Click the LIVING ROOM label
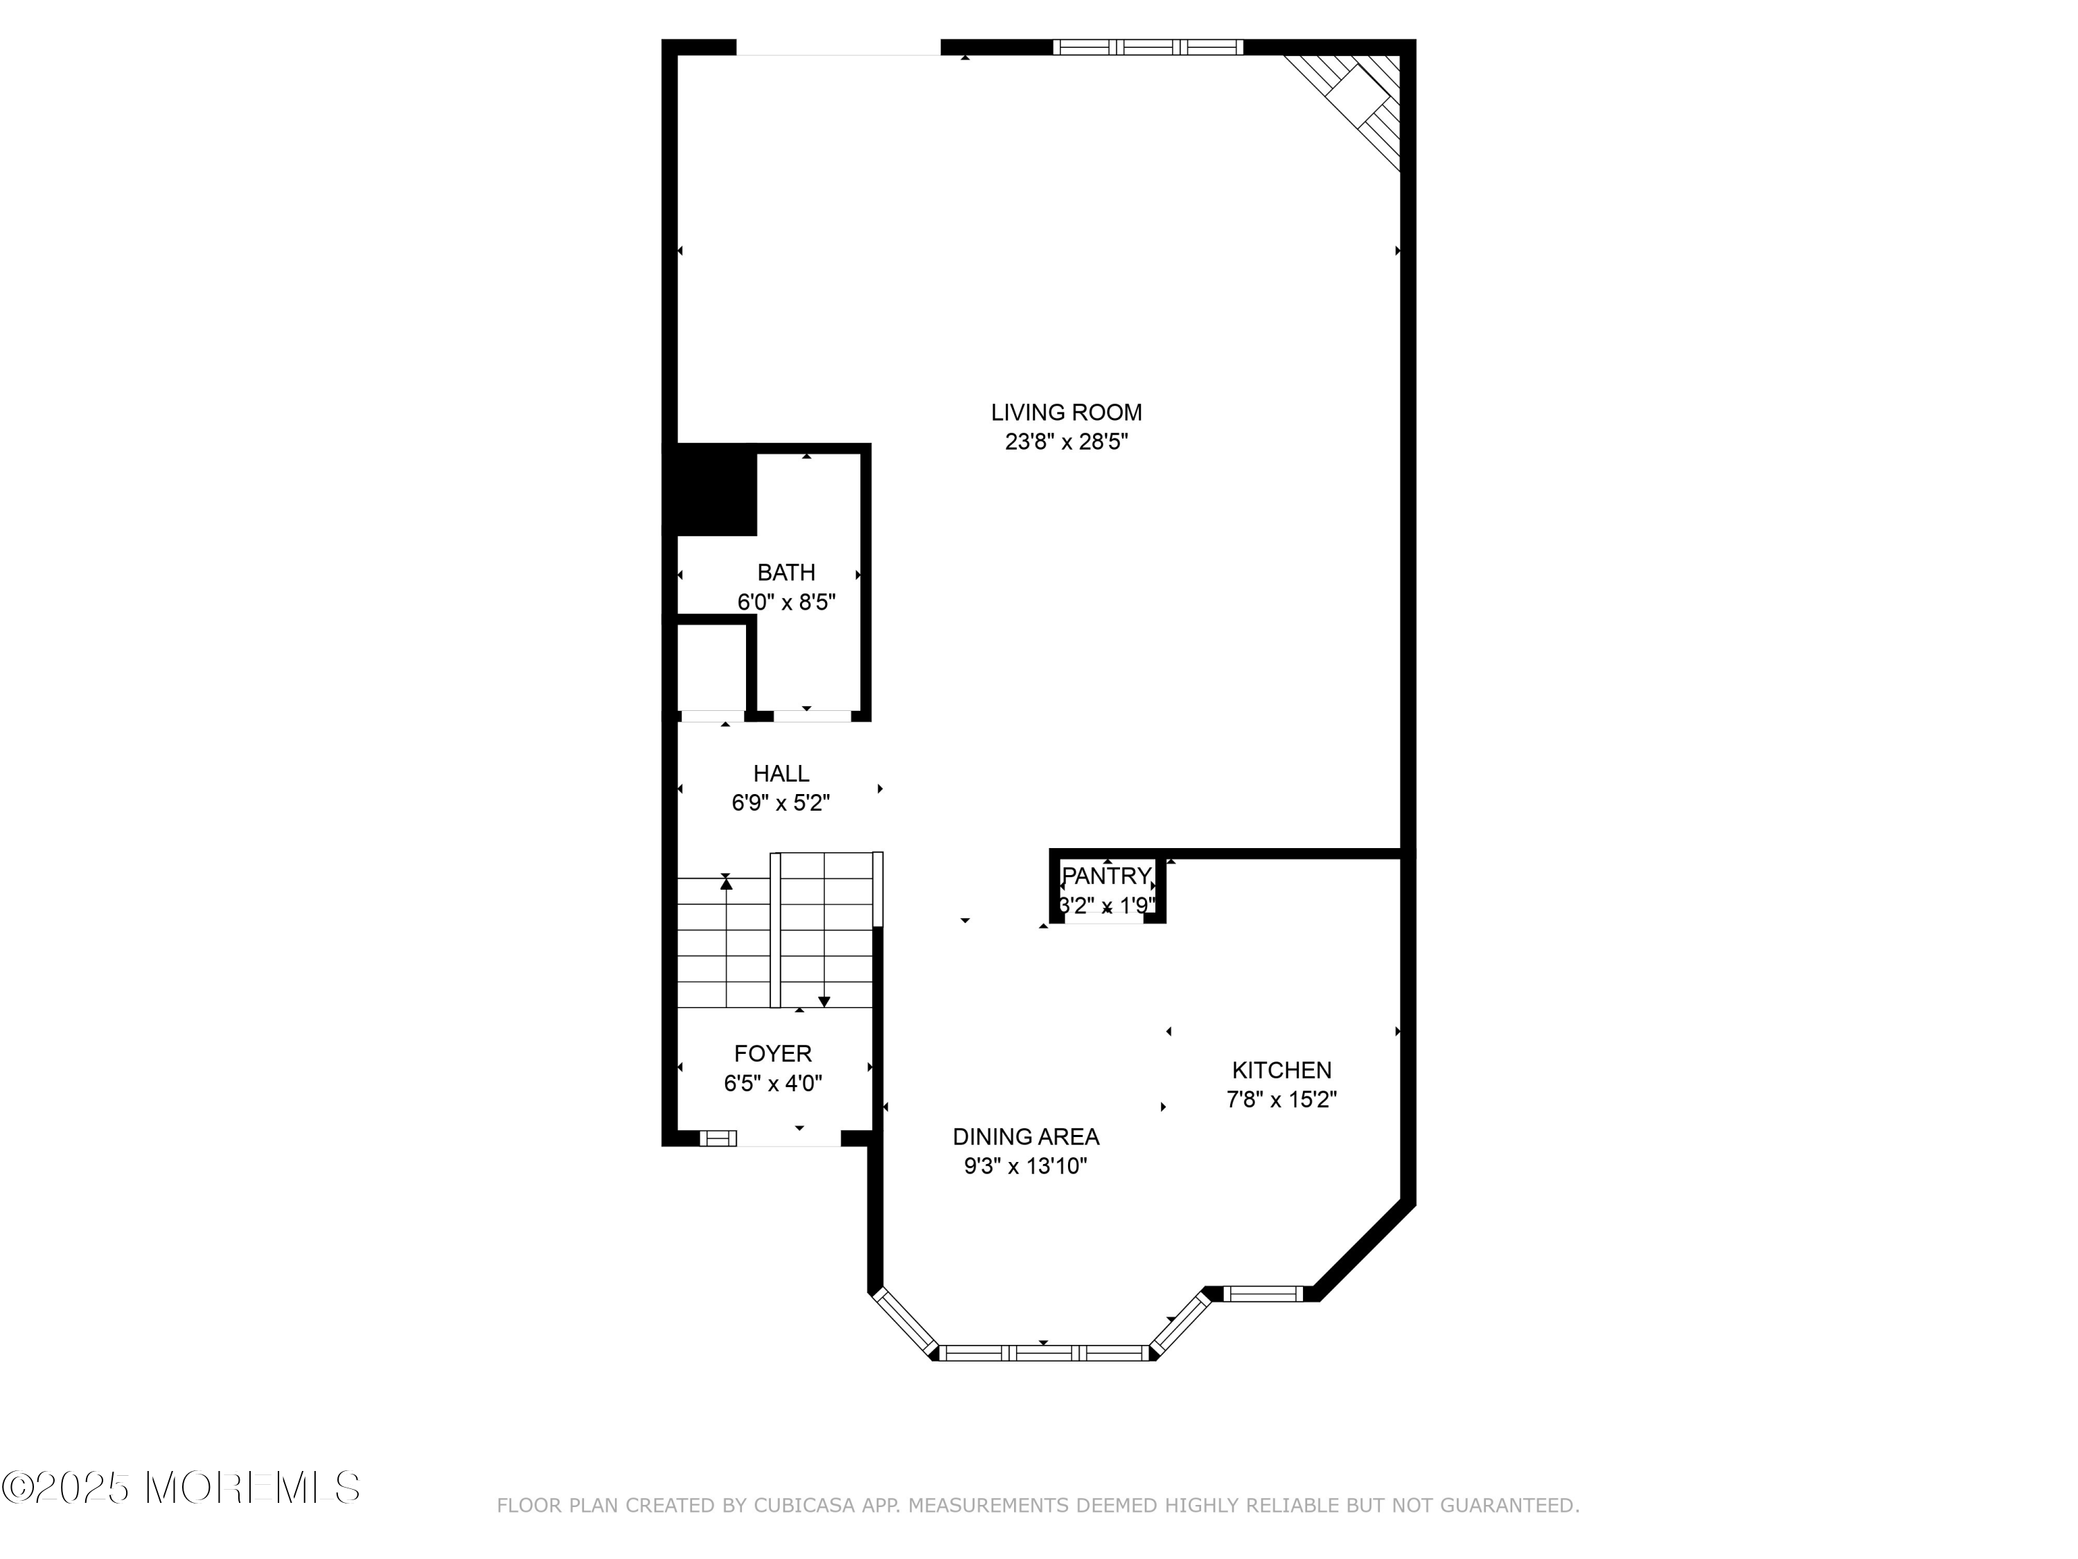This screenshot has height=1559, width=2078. (x=1066, y=412)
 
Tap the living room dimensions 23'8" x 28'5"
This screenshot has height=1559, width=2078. (x=1066, y=441)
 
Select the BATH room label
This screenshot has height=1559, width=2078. (x=786, y=572)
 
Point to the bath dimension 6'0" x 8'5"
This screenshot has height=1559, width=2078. (x=786, y=602)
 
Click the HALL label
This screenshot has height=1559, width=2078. (x=781, y=773)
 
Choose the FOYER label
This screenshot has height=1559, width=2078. (x=773, y=1053)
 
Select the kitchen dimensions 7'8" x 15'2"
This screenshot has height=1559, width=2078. (x=1281, y=1100)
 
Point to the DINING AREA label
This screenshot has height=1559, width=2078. (x=1026, y=1136)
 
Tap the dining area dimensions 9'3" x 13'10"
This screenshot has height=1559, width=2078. (x=1026, y=1166)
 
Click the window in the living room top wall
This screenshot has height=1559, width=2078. (x=1148, y=47)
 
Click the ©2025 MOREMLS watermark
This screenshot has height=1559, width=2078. (x=180, y=1488)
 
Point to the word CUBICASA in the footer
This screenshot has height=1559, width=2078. (x=804, y=1506)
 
